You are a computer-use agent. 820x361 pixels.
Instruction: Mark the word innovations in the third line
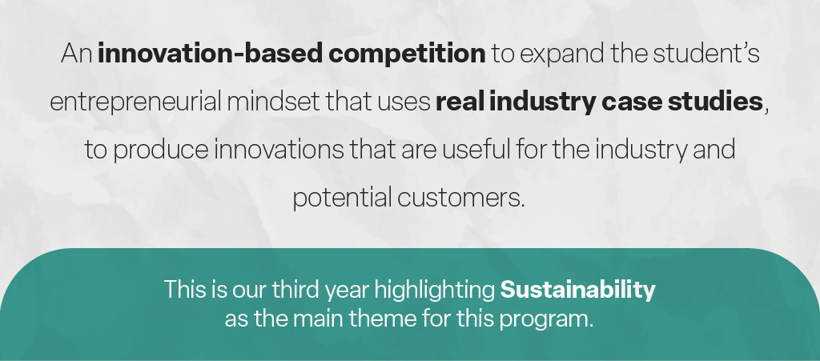(x=279, y=150)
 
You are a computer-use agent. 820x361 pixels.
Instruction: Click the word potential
(x=342, y=199)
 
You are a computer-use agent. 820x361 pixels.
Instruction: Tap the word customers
(x=460, y=199)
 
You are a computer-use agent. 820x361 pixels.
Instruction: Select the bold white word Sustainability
(x=578, y=290)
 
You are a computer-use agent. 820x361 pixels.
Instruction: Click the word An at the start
(x=76, y=54)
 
